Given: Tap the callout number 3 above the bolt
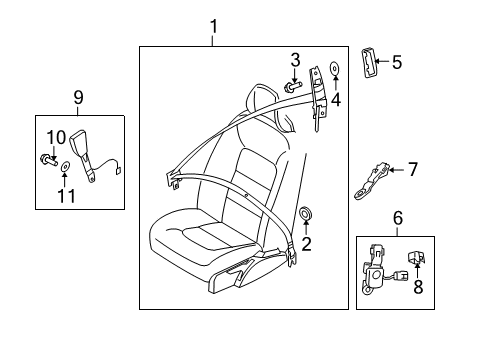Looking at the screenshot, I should pyautogui.click(x=295, y=59).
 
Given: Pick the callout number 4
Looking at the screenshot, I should pyautogui.click(x=336, y=99).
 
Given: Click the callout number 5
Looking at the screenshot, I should pyautogui.click(x=396, y=62).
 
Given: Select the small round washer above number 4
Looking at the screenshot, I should pyautogui.click(x=336, y=71).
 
